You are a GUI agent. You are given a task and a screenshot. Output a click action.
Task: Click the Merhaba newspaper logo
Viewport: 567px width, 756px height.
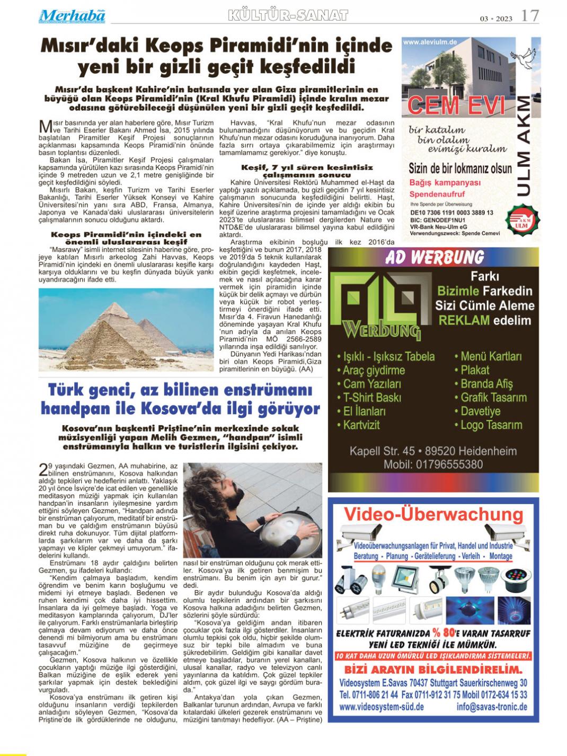(x=72, y=16)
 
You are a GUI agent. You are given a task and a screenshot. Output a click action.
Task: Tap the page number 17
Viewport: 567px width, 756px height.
(x=530, y=16)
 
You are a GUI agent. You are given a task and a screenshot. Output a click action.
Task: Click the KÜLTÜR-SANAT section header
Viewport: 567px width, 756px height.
(x=288, y=15)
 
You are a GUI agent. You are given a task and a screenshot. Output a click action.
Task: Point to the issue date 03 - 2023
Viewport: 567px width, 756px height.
(x=497, y=19)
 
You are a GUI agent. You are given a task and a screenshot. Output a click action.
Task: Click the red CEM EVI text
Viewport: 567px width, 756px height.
(x=457, y=106)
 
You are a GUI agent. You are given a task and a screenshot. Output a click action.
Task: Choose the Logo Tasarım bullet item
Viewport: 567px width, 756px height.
(x=491, y=425)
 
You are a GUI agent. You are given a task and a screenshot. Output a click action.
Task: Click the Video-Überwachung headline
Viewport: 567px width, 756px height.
(x=433, y=514)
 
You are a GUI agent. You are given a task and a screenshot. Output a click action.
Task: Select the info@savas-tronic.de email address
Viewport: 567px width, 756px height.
(x=491, y=707)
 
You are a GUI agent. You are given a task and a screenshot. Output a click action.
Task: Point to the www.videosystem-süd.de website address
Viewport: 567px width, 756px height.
(x=381, y=707)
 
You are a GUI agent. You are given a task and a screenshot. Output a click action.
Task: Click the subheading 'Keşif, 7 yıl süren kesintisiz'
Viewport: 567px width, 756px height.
(x=307, y=167)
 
